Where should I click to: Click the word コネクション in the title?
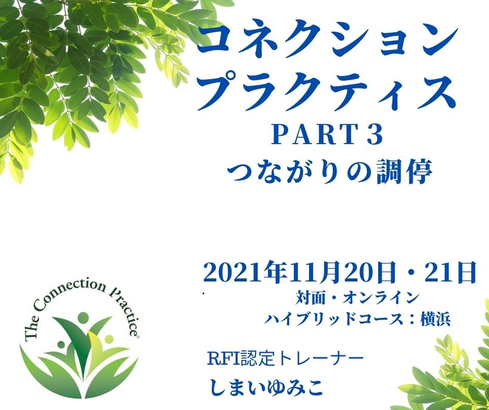point(327,42)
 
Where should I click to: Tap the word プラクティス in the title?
point(327,92)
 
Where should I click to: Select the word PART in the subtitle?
point(313,136)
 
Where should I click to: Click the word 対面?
point(308,298)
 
